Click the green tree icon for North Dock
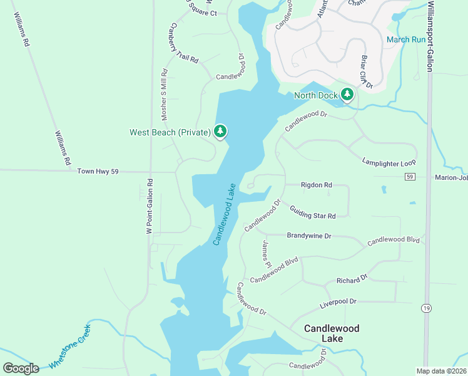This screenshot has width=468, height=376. pyautogui.click(x=347, y=95)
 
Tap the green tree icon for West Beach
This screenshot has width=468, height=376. pyautogui.click(x=220, y=132)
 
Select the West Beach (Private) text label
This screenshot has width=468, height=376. pyautogui.click(x=170, y=132)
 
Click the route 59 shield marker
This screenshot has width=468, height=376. pyautogui.click(x=409, y=177)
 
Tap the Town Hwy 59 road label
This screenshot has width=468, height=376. pyautogui.click(x=98, y=171)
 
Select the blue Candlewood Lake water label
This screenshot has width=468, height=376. pyautogui.click(x=224, y=214)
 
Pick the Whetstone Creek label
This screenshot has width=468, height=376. pyautogui.click(x=70, y=347)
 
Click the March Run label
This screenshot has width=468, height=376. pyautogui.click(x=406, y=39)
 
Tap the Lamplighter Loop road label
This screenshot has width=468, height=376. pyautogui.click(x=389, y=162)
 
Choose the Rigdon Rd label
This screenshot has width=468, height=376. pyautogui.click(x=316, y=185)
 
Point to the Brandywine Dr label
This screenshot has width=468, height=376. pyautogui.click(x=308, y=236)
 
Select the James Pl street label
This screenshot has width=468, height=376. pyautogui.click(x=267, y=253)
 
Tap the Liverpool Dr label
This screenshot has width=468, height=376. pyautogui.click(x=338, y=302)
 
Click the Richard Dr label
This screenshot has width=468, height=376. pyautogui.click(x=352, y=279)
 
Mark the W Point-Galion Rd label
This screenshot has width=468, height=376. pyautogui.click(x=150, y=206)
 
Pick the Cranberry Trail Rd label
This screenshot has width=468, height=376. pyautogui.click(x=183, y=43)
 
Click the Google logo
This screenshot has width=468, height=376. pyautogui.click(x=21, y=368)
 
